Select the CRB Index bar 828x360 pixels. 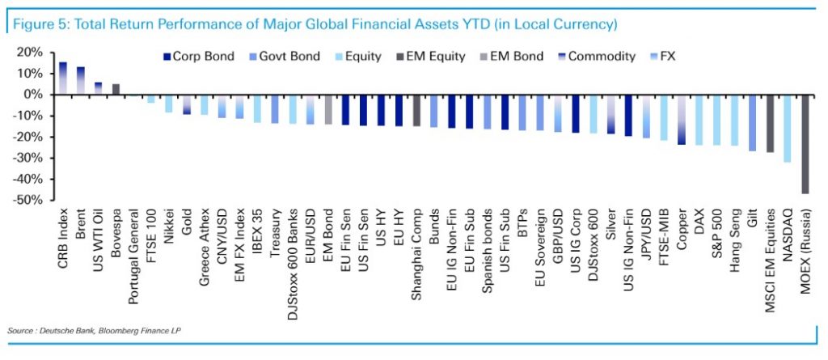coord(63,78)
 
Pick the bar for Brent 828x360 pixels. coord(81,80)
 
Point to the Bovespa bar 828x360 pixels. coord(116,89)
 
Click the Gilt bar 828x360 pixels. coord(752,122)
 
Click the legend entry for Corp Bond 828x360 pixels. coord(199,57)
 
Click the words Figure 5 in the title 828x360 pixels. coord(36,24)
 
